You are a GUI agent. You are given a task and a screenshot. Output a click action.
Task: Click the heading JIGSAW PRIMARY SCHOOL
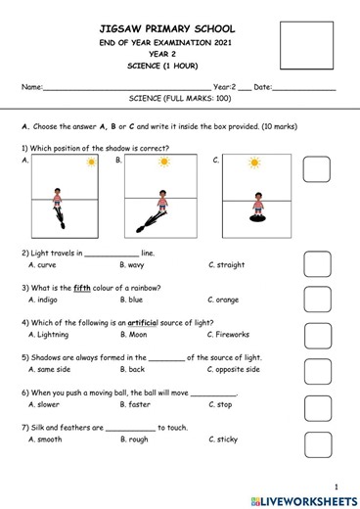(156, 29)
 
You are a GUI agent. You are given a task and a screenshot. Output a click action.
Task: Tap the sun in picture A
(91, 162)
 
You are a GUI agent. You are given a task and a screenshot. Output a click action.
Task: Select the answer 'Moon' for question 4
(133, 335)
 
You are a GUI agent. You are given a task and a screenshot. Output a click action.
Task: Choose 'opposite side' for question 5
(234, 370)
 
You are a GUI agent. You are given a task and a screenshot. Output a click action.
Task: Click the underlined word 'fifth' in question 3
(83, 288)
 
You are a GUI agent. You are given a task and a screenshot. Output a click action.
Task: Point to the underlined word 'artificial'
(148, 323)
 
